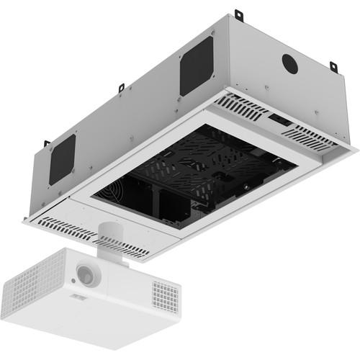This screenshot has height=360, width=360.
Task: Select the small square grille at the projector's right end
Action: pos(166,295)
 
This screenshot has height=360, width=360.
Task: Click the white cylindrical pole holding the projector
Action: pos(109,239)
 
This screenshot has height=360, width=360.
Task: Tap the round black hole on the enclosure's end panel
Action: pos(290,63)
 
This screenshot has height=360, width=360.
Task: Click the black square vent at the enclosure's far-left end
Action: pos(63,158)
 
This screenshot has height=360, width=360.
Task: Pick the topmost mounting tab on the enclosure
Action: pos(238,14)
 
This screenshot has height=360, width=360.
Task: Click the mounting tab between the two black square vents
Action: pos(121,88)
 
